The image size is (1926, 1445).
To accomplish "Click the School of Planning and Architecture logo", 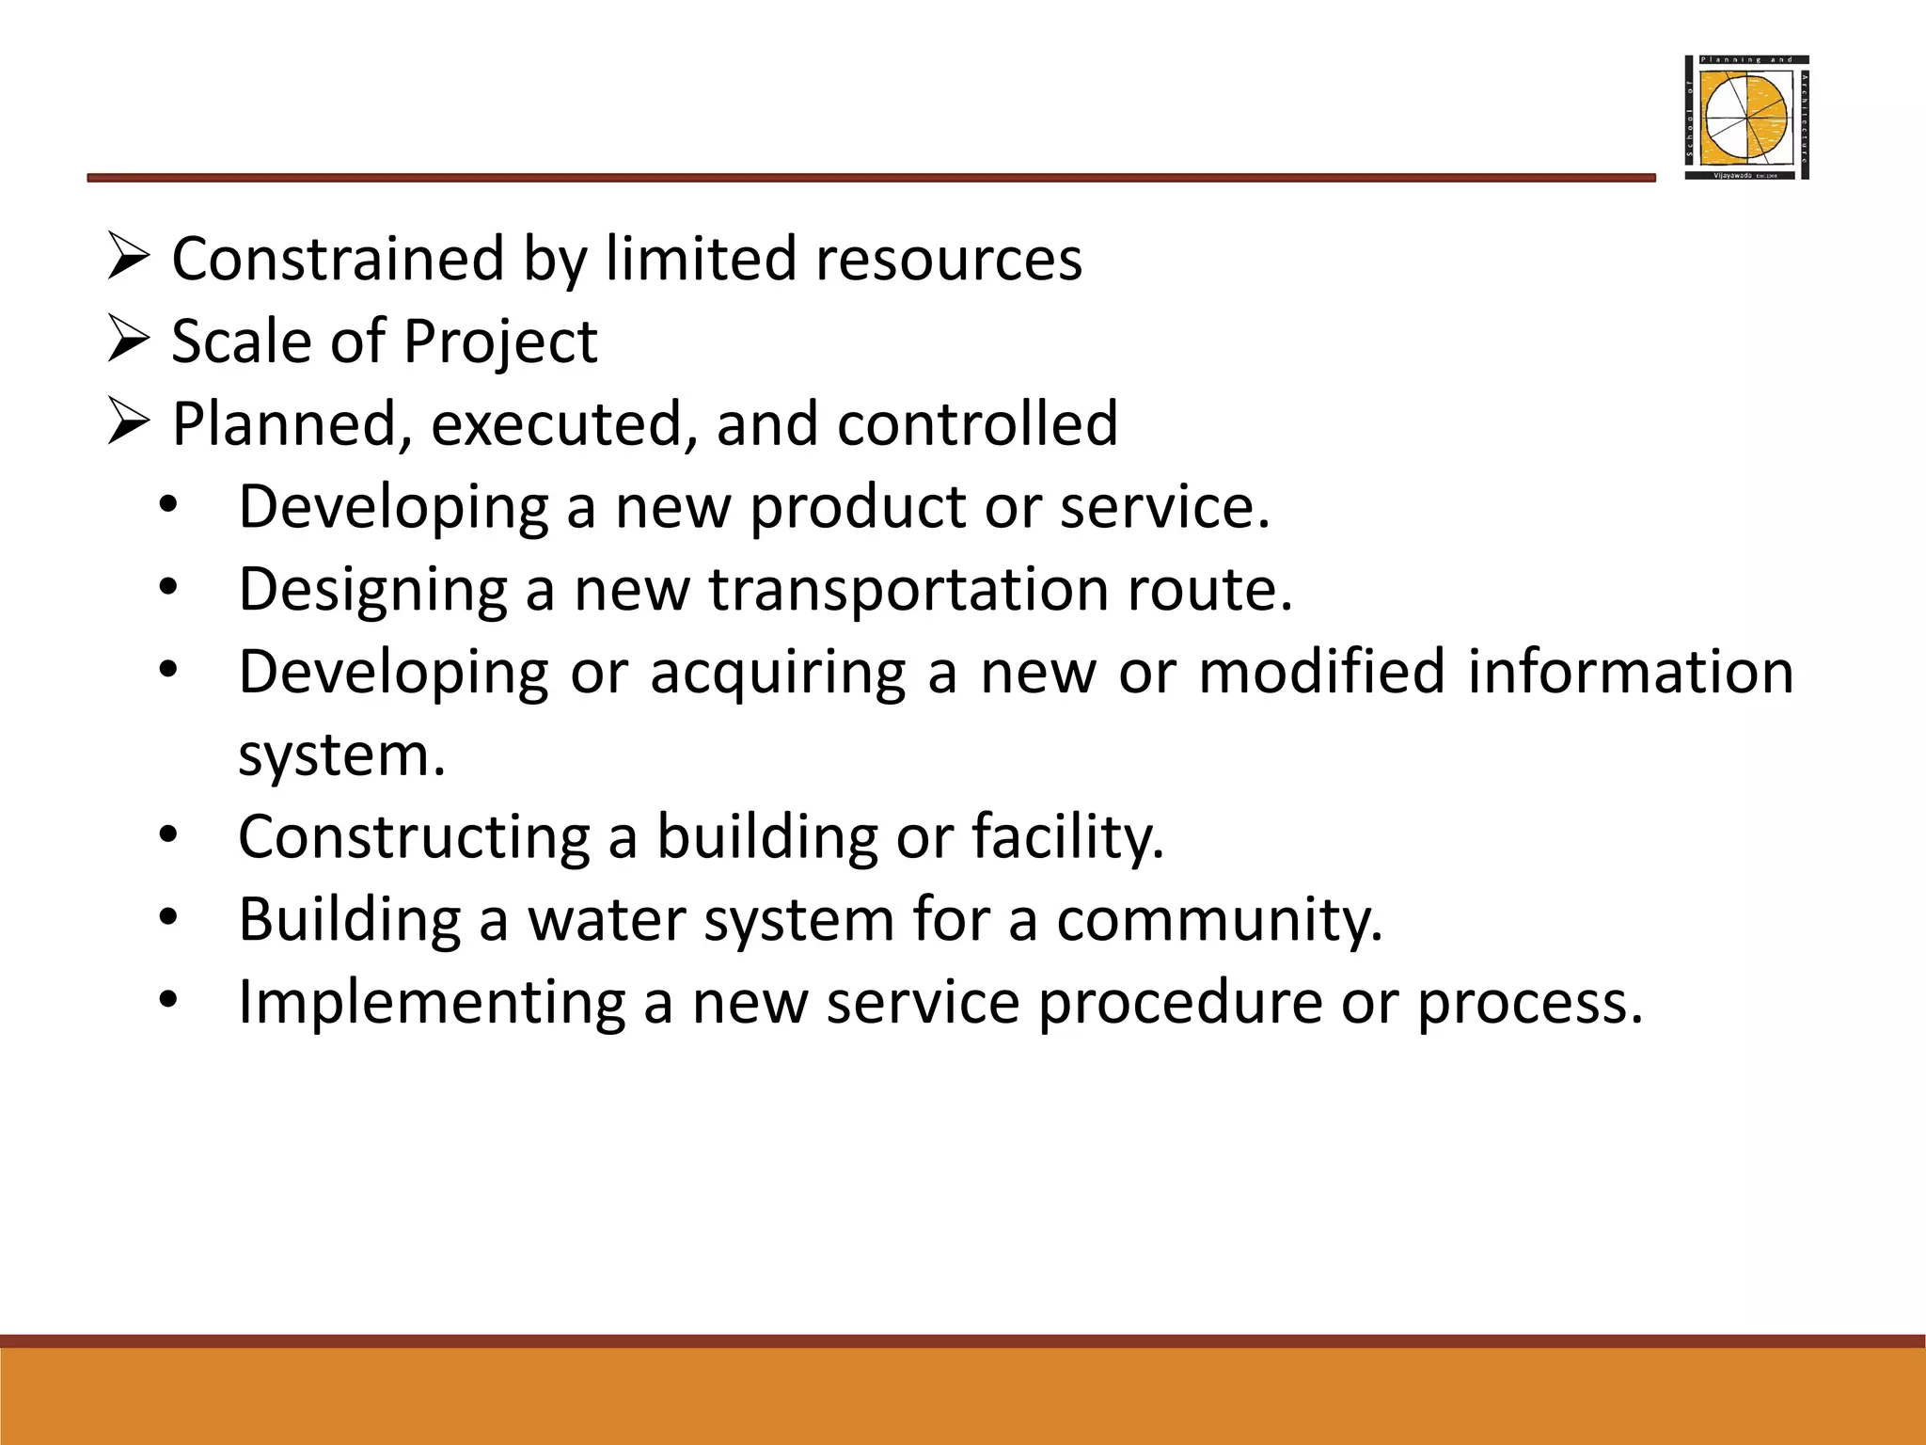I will tap(1746, 118).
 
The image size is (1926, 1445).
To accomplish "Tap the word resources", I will tap(949, 259).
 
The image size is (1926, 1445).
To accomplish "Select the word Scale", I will tap(240, 341).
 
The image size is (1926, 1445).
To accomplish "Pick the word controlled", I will tap(977, 422).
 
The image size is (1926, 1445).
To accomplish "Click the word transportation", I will tap(908, 590).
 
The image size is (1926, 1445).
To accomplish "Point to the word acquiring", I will tap(778, 674).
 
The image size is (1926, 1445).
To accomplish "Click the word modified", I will tap(1320, 672).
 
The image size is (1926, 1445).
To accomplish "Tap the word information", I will tap(1630, 672).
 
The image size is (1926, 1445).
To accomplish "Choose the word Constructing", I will tap(413, 836).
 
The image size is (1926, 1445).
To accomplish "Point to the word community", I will tap(1219, 921).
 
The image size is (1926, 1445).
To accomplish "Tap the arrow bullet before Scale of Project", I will tap(128, 341).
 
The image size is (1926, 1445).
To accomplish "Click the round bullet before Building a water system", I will tap(168, 917).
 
